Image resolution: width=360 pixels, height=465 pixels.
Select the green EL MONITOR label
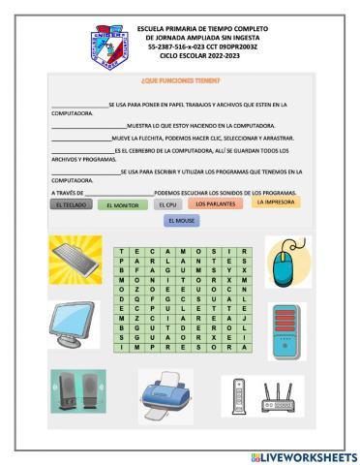tap(123, 205)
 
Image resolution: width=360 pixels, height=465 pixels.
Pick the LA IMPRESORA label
tap(273, 202)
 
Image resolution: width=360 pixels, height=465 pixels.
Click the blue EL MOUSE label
tap(180, 222)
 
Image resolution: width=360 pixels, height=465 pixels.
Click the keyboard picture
tap(75, 262)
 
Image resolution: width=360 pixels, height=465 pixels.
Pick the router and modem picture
tap(261, 395)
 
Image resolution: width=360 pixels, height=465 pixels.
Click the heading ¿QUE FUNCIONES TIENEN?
tap(180, 83)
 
